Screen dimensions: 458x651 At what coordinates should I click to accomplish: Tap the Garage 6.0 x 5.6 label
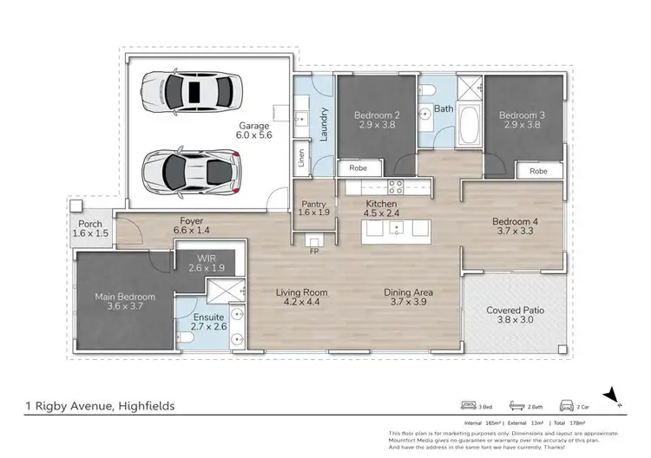click(x=255, y=130)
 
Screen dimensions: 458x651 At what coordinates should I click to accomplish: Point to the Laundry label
click(x=324, y=124)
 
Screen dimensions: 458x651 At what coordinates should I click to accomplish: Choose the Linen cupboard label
click(x=301, y=159)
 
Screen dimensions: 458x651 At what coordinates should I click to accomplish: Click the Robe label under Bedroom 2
click(x=357, y=167)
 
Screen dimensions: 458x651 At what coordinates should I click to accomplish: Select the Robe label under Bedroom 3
click(x=538, y=172)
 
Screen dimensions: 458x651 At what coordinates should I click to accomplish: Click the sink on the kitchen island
click(x=396, y=229)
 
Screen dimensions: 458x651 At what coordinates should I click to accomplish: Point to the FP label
click(x=313, y=252)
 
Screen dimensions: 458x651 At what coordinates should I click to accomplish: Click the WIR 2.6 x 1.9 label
click(x=205, y=262)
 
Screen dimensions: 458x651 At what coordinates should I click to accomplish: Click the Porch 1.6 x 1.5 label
click(x=89, y=229)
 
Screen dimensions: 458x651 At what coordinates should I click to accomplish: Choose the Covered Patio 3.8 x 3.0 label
click(x=516, y=315)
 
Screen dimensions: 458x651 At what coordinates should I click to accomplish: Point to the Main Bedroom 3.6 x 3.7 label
click(x=125, y=302)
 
